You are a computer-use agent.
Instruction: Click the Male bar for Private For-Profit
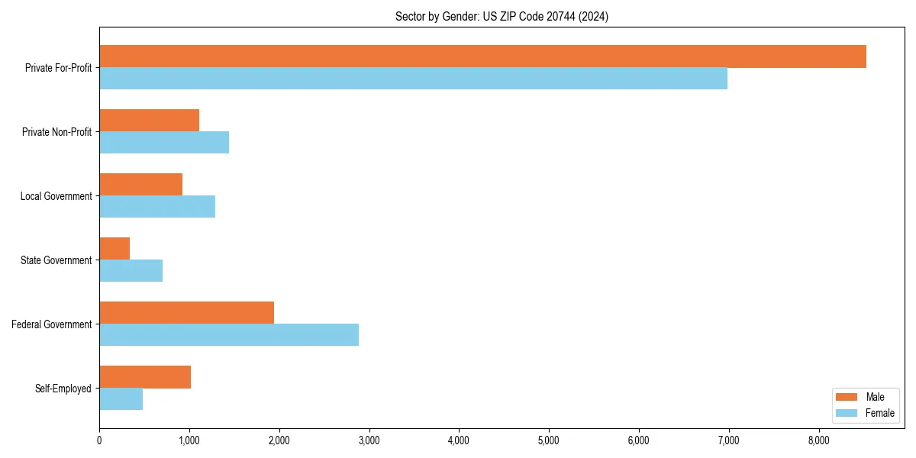[482, 56]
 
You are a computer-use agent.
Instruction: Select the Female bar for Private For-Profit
[413, 79]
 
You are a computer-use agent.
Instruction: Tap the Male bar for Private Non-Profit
[149, 121]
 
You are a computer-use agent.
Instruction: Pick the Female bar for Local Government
[157, 207]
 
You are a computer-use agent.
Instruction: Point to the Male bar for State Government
[114, 249]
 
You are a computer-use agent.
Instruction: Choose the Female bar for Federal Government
[229, 335]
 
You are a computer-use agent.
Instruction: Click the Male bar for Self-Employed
[145, 377]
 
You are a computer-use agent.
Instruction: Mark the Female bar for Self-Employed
[121, 399]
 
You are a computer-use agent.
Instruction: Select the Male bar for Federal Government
[186, 313]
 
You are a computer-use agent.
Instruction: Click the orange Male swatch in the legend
[847, 397]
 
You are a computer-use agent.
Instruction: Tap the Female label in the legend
[880, 413]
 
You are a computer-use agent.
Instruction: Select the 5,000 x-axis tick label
[549, 440]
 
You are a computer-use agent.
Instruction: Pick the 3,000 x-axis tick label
[369, 440]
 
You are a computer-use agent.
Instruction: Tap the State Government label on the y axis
[56, 260]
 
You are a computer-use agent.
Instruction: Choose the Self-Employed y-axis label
[63, 389]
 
